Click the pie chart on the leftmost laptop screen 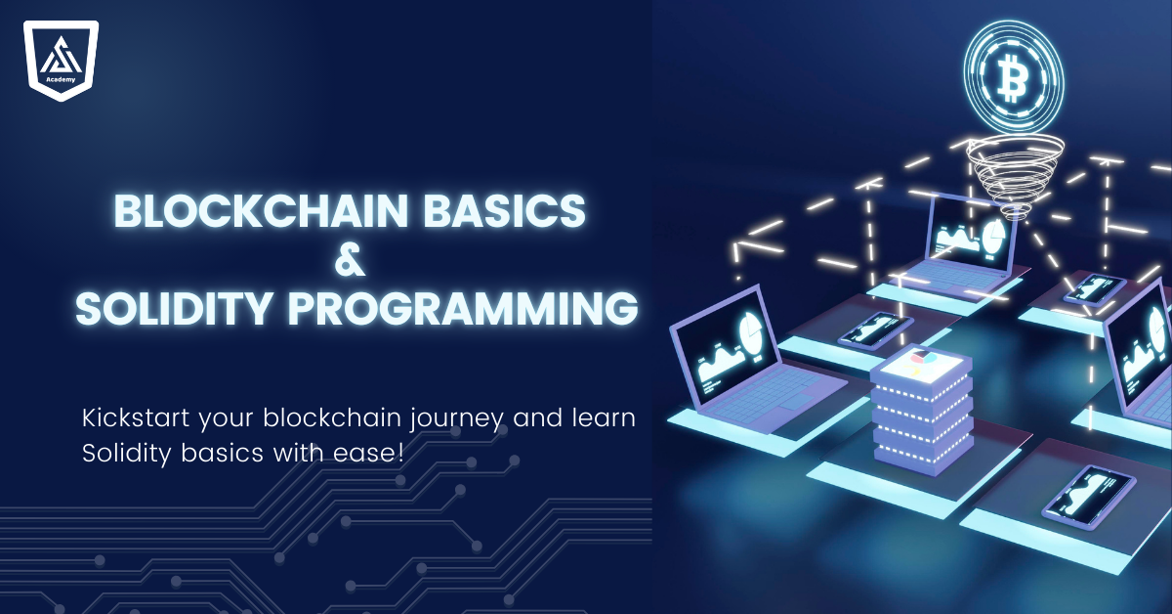(x=747, y=328)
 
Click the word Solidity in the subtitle (x=121, y=456)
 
